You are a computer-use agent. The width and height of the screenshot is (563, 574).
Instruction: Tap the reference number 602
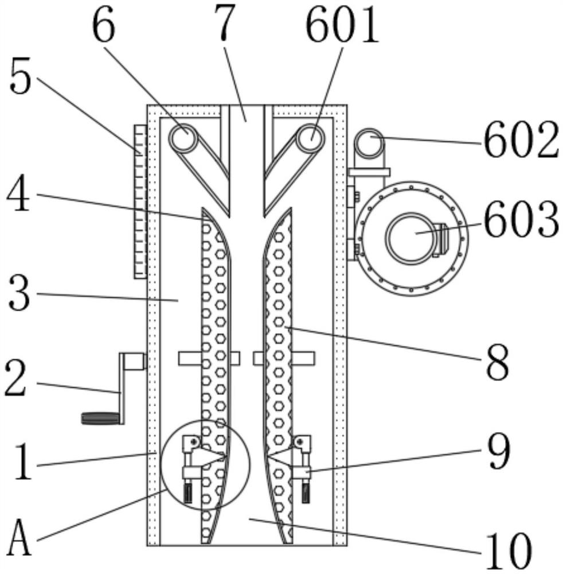point(521,140)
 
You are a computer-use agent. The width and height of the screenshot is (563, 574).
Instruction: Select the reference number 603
point(521,219)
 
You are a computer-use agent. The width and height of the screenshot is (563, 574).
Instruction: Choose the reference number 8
point(497,361)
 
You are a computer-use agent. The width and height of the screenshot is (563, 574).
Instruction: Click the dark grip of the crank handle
point(100,418)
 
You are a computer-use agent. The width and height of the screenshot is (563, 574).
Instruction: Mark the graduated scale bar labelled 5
point(140,201)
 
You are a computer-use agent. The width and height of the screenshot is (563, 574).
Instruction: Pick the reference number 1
point(24,463)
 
